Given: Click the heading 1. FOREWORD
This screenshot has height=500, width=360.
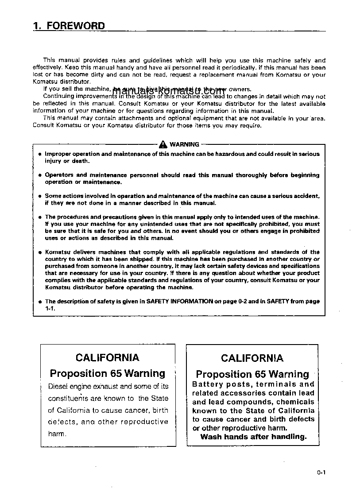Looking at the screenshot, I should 69,26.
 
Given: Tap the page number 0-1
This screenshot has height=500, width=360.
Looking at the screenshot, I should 321,473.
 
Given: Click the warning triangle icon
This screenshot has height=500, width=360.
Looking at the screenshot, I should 163,144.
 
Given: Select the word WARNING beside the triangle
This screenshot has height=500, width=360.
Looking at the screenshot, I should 184,144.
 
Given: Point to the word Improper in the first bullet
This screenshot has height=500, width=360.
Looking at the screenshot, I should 57,154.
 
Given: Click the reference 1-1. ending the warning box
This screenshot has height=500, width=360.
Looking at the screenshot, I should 49,308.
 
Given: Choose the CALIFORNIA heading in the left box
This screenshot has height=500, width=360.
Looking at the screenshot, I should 107,358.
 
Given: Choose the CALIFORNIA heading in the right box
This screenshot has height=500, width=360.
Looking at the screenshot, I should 252,358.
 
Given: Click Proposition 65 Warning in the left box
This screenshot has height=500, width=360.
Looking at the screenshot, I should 107,373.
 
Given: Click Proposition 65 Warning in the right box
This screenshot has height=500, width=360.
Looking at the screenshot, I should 252,374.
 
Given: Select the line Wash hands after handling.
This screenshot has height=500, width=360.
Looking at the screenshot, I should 253,437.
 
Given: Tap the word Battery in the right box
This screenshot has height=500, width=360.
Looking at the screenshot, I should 207,384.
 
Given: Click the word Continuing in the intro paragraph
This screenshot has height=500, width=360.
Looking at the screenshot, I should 58,96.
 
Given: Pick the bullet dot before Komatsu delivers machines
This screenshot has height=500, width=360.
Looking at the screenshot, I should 39,252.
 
